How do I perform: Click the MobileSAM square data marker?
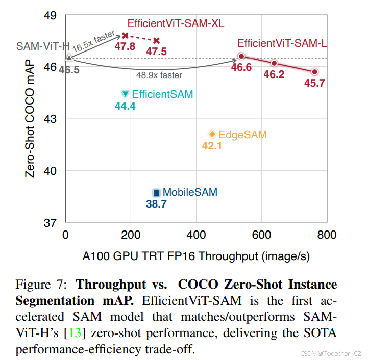(x=157, y=193)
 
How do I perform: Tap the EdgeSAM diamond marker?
(x=212, y=134)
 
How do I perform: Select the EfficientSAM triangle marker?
(x=126, y=94)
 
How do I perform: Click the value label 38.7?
(x=156, y=204)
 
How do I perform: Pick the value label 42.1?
(x=212, y=146)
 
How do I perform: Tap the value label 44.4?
(x=125, y=106)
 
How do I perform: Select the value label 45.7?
(x=315, y=83)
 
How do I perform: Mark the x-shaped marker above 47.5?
(x=157, y=40)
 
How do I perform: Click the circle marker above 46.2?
(x=274, y=63)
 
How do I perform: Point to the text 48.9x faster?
(x=159, y=75)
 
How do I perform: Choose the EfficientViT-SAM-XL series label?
(x=176, y=23)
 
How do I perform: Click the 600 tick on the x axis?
(x=261, y=235)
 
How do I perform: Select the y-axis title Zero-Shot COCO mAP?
(x=30, y=118)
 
